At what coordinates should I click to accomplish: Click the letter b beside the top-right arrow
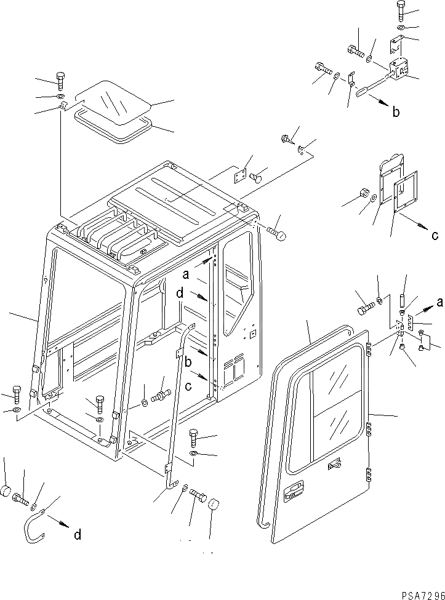tap(396, 112)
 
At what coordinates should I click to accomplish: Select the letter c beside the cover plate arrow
tap(435, 234)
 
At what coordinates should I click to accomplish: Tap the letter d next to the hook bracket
tap(78, 535)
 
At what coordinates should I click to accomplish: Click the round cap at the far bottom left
tap(7, 492)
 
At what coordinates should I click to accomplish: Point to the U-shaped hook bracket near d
tap(33, 529)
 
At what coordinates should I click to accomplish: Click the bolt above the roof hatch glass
tap(60, 79)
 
